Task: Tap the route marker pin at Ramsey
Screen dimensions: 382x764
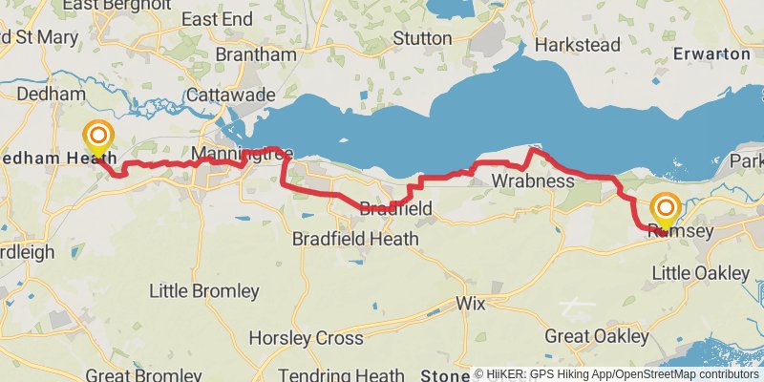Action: pyautogui.click(x=666, y=208)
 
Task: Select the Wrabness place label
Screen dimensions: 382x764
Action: pyautogui.click(x=533, y=180)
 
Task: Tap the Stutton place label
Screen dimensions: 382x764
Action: pyautogui.click(x=421, y=38)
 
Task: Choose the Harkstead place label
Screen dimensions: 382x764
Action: pyautogui.click(x=578, y=45)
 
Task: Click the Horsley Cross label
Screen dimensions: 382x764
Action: pyautogui.click(x=306, y=338)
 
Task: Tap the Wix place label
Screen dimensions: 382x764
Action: pyautogui.click(x=471, y=304)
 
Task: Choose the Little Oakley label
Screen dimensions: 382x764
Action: pyautogui.click(x=701, y=273)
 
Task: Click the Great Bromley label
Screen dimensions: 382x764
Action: pyautogui.click(x=135, y=374)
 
